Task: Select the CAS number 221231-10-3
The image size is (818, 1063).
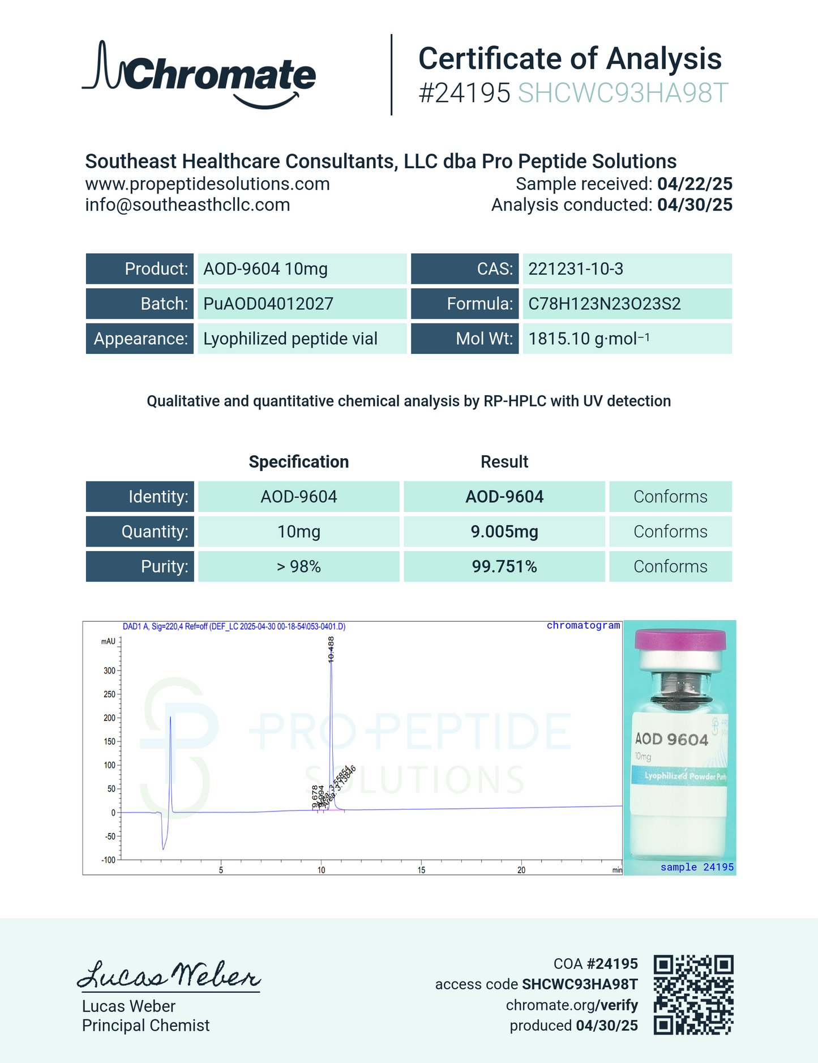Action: click(x=575, y=268)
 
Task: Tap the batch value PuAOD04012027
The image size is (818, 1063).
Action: click(x=268, y=304)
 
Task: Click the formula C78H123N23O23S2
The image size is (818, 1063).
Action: click(x=604, y=304)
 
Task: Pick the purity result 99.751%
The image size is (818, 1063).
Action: click(x=504, y=566)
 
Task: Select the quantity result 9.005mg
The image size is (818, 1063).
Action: click(x=504, y=531)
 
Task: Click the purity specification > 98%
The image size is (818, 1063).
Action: click(x=298, y=566)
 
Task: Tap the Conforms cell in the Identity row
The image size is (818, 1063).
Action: click(x=670, y=497)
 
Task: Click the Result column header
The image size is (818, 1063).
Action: click(x=504, y=462)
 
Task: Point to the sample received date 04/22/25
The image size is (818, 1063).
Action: click(x=695, y=183)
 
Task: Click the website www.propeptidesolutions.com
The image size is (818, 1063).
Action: click(x=207, y=183)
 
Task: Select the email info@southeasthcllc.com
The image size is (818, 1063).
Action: click(x=187, y=204)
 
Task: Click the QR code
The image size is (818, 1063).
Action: click(x=693, y=994)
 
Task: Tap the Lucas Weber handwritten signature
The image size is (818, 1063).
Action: click(x=168, y=975)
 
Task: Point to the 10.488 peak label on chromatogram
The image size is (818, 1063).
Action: click(x=331, y=649)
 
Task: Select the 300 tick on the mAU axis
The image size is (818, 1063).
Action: click(x=109, y=671)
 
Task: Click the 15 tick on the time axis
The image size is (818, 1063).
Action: click(x=421, y=870)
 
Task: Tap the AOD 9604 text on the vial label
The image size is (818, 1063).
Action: click(x=671, y=739)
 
